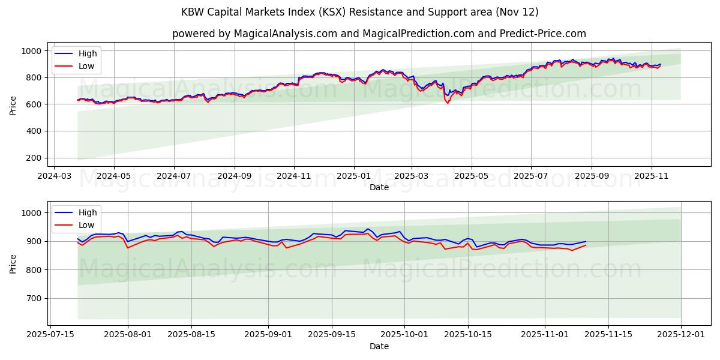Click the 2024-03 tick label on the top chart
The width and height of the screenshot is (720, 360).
click(x=55, y=176)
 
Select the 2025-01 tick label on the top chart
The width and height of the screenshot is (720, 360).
click(x=353, y=176)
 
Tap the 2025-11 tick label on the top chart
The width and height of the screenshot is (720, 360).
click(x=652, y=176)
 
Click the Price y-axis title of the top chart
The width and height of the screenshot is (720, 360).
click(x=13, y=104)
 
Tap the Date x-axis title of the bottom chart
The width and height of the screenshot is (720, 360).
click(x=379, y=346)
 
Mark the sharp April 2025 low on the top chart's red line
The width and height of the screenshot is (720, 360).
click(x=447, y=103)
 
